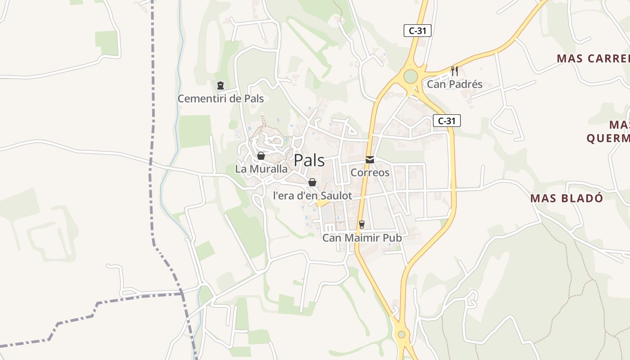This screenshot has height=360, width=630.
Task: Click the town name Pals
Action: [309, 160]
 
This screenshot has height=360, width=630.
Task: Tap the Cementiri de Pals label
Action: [220, 99]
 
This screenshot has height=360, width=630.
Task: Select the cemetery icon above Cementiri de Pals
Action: [220, 85]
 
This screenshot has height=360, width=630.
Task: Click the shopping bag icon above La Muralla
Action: [261, 156]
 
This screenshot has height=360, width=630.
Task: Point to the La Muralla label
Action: [261, 169]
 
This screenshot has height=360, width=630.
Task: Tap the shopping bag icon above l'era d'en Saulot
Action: [312, 182]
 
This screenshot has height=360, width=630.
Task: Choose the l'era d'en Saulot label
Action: [312, 196]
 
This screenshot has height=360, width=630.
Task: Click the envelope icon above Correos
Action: [370, 160]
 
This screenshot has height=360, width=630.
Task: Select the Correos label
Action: [370, 172]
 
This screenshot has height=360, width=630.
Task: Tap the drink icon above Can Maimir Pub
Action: [361, 225]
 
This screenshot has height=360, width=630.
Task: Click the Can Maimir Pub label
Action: [362, 238]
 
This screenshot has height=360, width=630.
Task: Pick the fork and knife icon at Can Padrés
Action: [454, 71]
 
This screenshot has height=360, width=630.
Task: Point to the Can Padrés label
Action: [454, 84]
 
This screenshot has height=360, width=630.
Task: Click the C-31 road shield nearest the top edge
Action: [418, 31]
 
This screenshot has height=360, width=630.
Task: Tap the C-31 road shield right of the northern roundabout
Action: [447, 121]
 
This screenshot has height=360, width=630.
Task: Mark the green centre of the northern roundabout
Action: [410, 76]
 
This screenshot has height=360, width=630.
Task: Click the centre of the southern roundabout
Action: [401, 334]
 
